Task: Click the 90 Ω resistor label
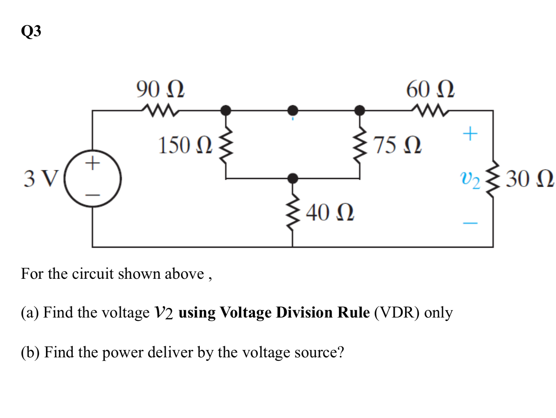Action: click(160, 90)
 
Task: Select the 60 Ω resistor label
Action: click(430, 90)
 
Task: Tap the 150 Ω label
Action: click(185, 145)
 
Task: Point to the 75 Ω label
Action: click(397, 145)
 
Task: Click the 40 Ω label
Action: click(330, 213)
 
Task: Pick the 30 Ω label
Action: click(530, 179)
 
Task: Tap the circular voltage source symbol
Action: click(93, 179)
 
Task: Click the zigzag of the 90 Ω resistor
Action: click(160, 110)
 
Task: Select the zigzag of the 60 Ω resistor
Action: click(430, 110)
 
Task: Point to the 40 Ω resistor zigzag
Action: click(292, 214)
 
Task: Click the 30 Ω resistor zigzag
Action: click(493, 179)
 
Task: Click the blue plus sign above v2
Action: click(470, 134)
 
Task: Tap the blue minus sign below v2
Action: click(470, 223)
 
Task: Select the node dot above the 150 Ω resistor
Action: click(226, 110)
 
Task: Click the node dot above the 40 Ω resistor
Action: click(292, 179)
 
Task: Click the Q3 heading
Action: click(31, 31)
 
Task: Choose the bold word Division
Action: click(304, 313)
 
